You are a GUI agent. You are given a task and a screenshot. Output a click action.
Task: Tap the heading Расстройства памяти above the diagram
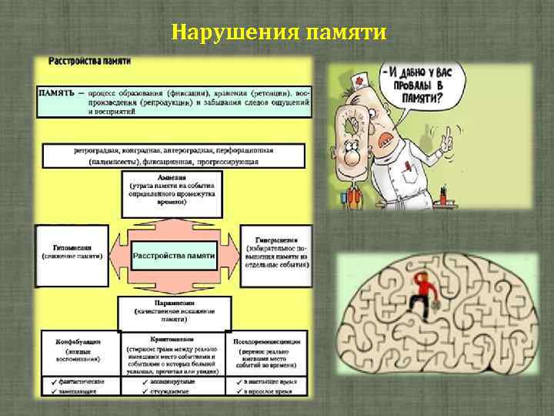click(90, 61)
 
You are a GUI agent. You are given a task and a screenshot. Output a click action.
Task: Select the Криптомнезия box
click(173, 354)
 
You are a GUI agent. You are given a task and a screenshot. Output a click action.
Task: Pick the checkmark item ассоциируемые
click(173, 381)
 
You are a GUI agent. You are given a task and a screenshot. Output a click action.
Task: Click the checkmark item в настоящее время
click(267, 381)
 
